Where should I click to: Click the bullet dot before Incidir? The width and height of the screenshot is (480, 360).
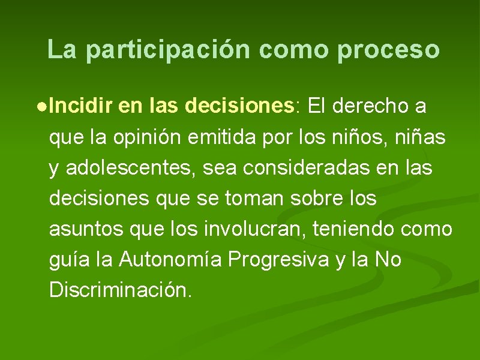click(40, 107)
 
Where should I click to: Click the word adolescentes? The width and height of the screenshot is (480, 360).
click(131, 169)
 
